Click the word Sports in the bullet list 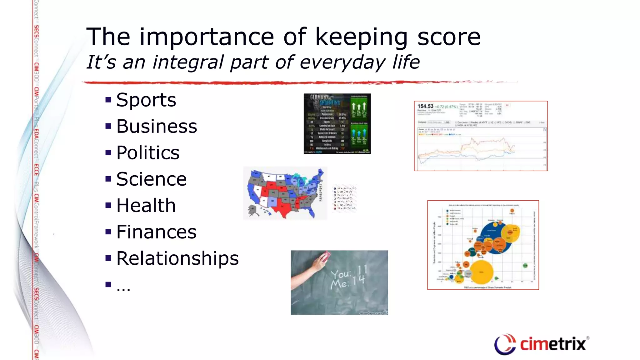point(146,100)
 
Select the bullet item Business point(157,126)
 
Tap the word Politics point(148,153)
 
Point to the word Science point(151,179)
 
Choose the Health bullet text point(146,205)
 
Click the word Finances point(156,232)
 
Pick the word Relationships point(177,258)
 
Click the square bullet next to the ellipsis point(108,284)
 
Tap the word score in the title point(449,37)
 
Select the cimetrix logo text point(552,344)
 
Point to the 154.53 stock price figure point(425,106)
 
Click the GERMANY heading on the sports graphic point(319,97)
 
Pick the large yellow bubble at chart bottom point(481,272)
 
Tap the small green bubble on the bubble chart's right point(525,266)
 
